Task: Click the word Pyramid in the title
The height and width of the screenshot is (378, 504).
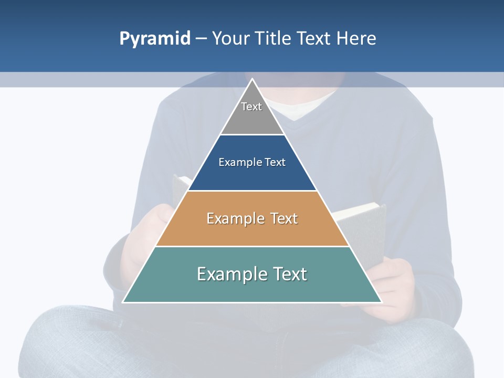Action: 155,39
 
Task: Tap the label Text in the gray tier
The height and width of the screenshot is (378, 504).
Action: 251,107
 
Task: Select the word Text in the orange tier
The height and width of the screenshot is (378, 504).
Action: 284,218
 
